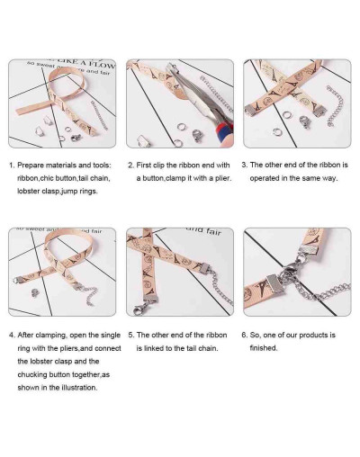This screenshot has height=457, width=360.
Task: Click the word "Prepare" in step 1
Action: point(30,166)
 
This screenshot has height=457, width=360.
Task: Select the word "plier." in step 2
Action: point(223,178)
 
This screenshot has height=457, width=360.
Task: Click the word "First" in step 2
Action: point(144,165)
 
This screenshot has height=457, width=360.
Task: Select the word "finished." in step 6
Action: point(264,348)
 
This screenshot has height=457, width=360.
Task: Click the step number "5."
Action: point(131,335)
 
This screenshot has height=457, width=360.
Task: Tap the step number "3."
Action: point(245,165)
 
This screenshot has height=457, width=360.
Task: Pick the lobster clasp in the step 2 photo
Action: point(197,135)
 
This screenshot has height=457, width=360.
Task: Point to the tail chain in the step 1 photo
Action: point(99,115)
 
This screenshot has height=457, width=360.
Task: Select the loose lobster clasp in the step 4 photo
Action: point(35,292)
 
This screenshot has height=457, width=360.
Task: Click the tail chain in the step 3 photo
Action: point(335,106)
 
